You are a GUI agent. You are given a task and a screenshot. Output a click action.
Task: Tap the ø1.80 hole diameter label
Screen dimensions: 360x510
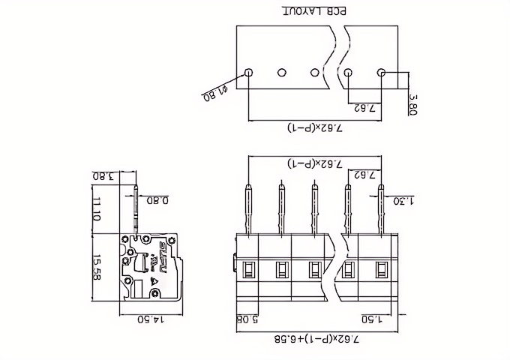click(x=214, y=94)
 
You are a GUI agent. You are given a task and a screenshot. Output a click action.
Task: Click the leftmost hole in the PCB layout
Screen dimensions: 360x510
click(x=249, y=73)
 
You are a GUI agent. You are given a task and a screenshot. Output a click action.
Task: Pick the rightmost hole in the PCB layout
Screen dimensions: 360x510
click(x=381, y=73)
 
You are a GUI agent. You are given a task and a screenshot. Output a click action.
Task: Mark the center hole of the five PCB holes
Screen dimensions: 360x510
click(x=315, y=73)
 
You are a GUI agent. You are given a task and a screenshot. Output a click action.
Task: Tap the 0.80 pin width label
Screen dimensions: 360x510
click(x=157, y=200)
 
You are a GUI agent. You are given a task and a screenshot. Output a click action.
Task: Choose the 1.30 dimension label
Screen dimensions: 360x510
click(x=401, y=200)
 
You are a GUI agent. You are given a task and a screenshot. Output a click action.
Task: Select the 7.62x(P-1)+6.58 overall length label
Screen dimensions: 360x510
click(x=315, y=340)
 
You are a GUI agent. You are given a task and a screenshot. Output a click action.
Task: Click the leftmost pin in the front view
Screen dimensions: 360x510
click(x=249, y=210)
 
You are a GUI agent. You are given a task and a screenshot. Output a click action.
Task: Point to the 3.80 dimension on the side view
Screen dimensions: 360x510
click(x=103, y=177)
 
